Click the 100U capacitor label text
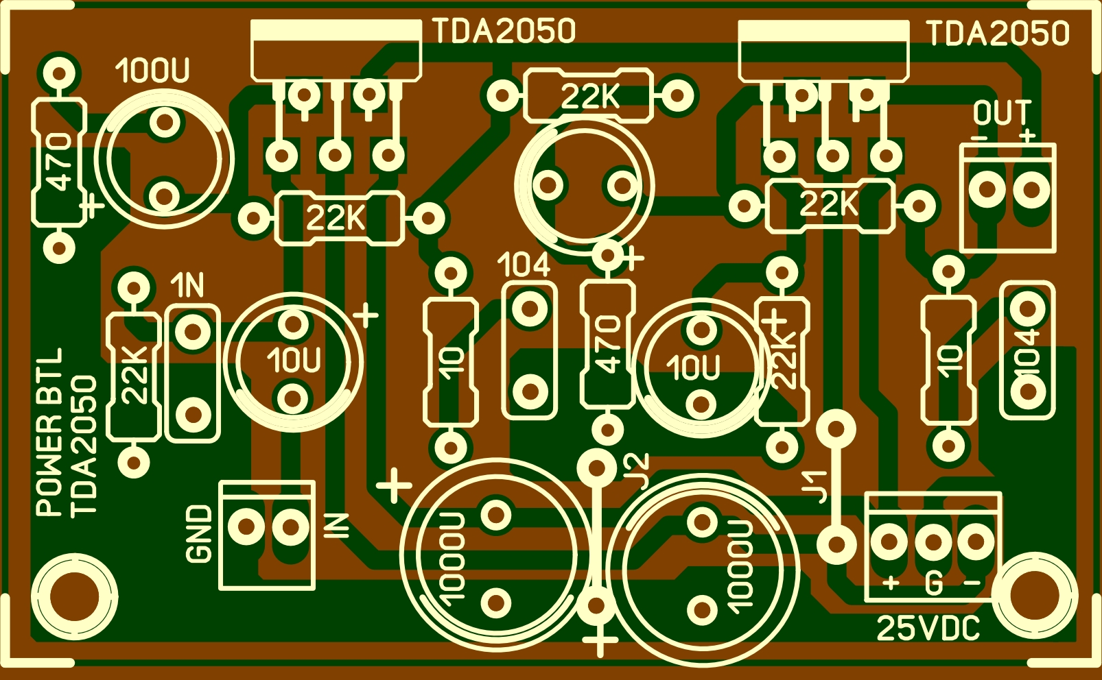coord(152,71)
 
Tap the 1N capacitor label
coord(187,285)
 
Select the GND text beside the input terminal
coord(200,534)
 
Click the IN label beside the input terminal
coord(337,526)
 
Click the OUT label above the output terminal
coord(1002,114)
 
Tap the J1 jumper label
coord(815,487)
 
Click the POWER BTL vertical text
coord(49,432)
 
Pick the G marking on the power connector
coord(933,584)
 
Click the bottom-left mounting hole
coord(73,595)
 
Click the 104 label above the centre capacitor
coord(524,265)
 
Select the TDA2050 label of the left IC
coord(504,32)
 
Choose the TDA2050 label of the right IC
coord(998,33)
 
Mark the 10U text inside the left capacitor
coord(294,361)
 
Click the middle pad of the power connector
coord(933,542)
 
